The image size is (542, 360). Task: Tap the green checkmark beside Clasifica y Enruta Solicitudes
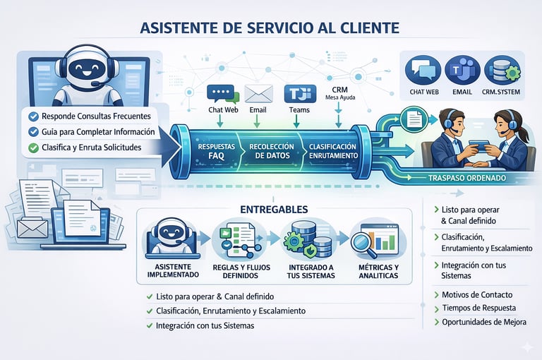(x=33, y=148)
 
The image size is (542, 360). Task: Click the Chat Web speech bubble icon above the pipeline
(x=219, y=95)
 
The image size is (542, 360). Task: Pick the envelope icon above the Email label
(x=258, y=94)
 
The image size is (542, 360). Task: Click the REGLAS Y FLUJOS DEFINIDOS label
(x=240, y=271)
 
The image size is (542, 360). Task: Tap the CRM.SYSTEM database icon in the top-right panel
(x=501, y=71)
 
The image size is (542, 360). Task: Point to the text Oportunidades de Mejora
(x=482, y=322)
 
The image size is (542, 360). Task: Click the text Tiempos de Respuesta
(x=477, y=308)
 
